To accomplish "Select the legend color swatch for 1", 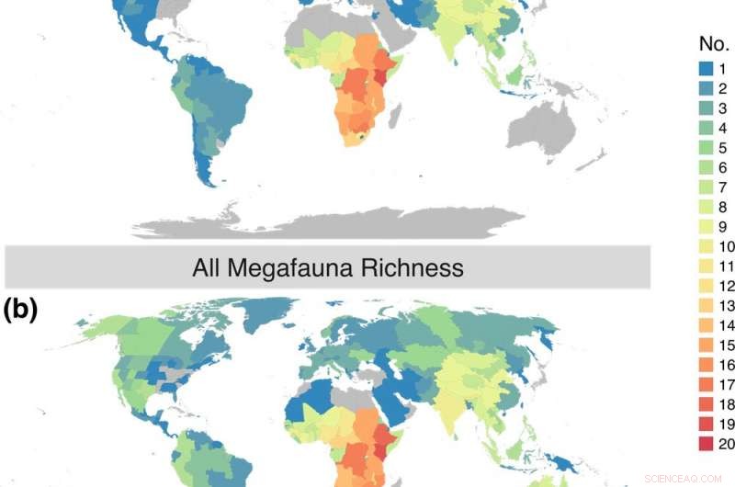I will (x=694, y=69).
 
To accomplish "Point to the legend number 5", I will (x=722, y=148).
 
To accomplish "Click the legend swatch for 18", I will (x=694, y=406).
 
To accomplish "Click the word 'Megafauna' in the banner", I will (x=304, y=268).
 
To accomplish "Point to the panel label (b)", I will (x=20, y=310).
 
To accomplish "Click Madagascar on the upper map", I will (x=398, y=114).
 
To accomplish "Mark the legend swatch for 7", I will (x=694, y=187).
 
